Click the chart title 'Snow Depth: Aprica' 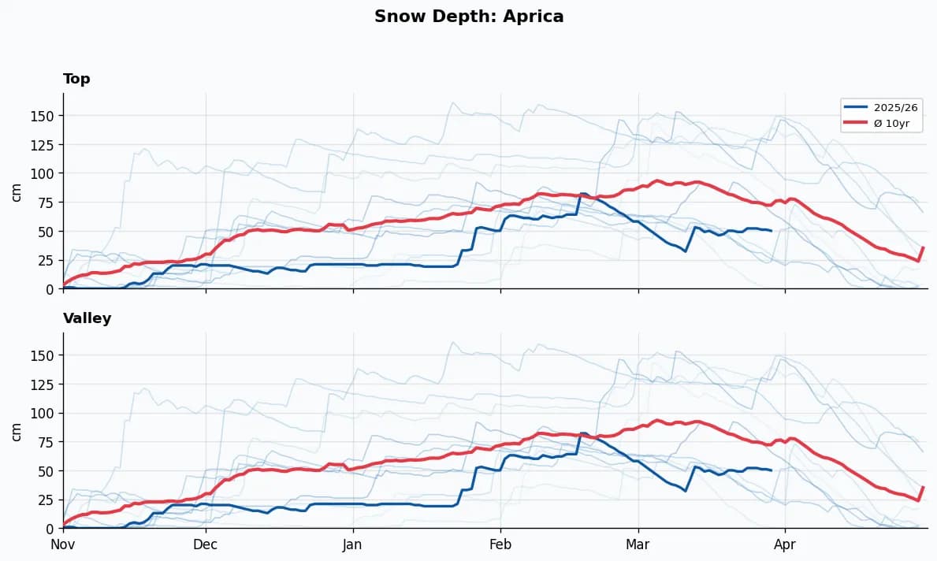point(469,17)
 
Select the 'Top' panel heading point(76,79)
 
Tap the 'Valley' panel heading point(87,318)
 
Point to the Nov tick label point(63,544)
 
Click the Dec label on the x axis point(205,544)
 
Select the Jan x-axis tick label point(352,544)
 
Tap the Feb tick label point(500,544)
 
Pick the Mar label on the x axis point(638,544)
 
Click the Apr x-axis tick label point(785,544)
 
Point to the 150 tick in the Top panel point(45,116)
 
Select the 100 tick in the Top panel point(45,173)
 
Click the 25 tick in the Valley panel point(48,500)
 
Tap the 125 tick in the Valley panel point(45,385)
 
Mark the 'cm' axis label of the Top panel point(17,191)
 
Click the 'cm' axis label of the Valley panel point(17,430)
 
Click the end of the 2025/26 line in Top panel point(771,231)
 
